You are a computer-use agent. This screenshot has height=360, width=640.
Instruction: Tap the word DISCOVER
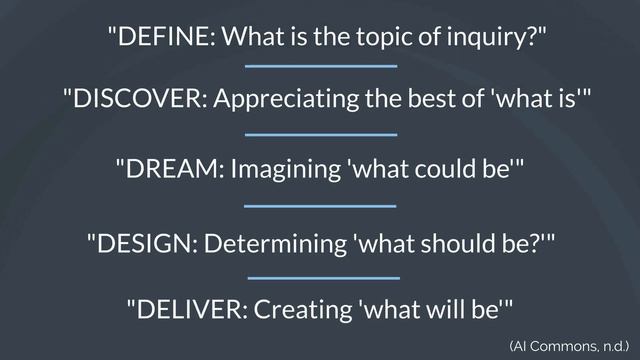pos(136,100)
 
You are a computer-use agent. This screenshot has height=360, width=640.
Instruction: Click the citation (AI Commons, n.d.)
pos(568,346)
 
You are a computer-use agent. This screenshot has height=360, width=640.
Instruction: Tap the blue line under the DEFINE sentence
pos(321,67)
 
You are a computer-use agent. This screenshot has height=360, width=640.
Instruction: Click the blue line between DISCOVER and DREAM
pos(321,133)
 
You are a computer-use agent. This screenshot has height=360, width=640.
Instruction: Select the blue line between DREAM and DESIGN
pos(321,205)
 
